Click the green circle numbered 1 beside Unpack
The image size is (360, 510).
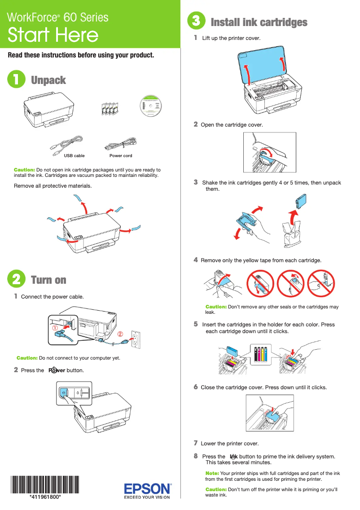[16, 80]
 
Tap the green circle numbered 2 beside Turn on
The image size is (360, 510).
[16, 279]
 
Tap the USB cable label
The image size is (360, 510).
[74, 156]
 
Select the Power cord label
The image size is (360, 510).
[121, 156]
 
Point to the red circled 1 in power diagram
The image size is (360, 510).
[55, 328]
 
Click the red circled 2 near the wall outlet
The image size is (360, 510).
[120, 334]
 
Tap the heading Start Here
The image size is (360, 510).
[53, 35]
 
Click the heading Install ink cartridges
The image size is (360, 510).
[259, 22]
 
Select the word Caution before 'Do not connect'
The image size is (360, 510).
[27, 358]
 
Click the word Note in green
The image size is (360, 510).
[212, 473]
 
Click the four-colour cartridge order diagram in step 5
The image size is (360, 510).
[260, 355]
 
